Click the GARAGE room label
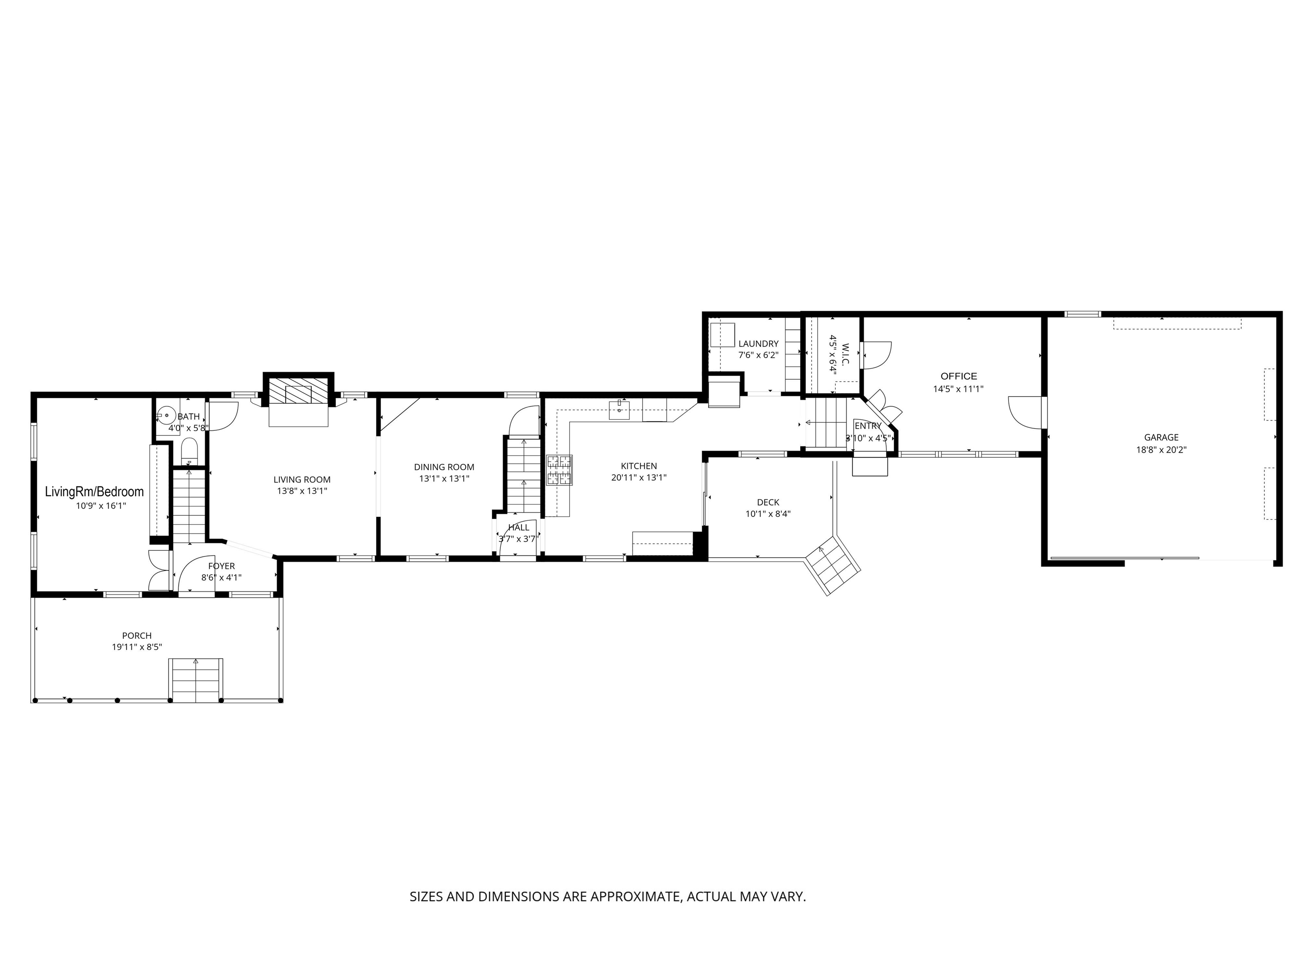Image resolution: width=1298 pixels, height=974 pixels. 1161,438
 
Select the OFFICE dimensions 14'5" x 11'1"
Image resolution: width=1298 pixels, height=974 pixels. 958,389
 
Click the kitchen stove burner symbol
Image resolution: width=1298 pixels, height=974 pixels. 559,470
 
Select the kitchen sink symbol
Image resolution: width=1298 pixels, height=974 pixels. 619,409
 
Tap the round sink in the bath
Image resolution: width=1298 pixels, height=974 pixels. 166,416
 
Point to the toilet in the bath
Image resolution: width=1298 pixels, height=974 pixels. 190,451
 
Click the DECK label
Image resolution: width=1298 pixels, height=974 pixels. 768,503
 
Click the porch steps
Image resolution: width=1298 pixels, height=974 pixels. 195,681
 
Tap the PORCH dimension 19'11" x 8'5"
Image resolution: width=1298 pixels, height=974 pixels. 137,647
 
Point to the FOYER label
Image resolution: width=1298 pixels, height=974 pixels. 221,566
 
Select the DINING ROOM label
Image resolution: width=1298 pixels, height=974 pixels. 444,467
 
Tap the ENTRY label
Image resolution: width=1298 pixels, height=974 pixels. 868,426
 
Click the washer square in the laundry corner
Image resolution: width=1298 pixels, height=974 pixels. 723,335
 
